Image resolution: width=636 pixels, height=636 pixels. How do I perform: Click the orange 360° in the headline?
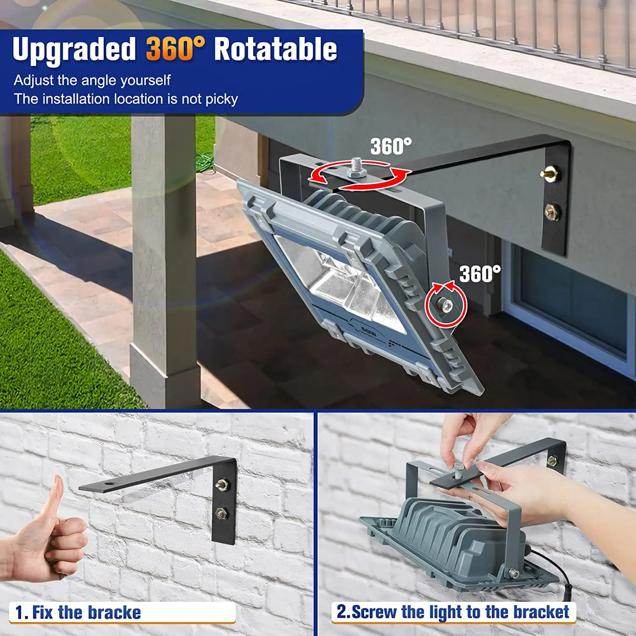175,49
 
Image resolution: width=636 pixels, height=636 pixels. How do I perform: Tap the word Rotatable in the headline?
275,49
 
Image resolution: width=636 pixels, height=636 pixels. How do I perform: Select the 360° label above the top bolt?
391,147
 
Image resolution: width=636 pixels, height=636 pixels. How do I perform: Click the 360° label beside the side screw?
480,274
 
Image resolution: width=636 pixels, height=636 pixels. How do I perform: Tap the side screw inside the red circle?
446,305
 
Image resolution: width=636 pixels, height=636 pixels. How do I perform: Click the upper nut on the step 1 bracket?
222,484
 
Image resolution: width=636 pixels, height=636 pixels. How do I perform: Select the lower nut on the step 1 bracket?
221,513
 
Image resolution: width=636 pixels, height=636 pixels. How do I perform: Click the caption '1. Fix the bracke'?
78,613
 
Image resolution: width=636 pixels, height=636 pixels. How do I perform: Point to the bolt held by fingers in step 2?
460,470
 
